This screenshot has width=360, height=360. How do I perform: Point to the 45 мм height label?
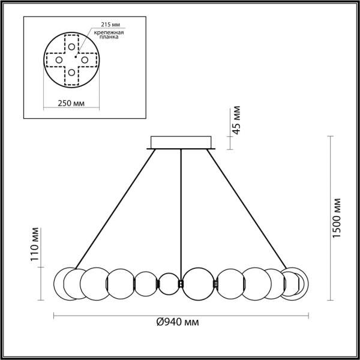pyautogui.click(x=236, y=121)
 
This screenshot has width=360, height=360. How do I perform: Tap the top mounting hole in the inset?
pyautogui.click(x=71, y=46)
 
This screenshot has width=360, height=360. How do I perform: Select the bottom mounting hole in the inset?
pyautogui.click(x=71, y=73)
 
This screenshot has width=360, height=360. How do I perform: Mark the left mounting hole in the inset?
pyautogui.click(x=59, y=60)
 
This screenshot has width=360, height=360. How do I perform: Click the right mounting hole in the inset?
pyautogui.click(x=85, y=60)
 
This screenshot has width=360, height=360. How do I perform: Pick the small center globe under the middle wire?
pyautogui.click(x=169, y=283)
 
